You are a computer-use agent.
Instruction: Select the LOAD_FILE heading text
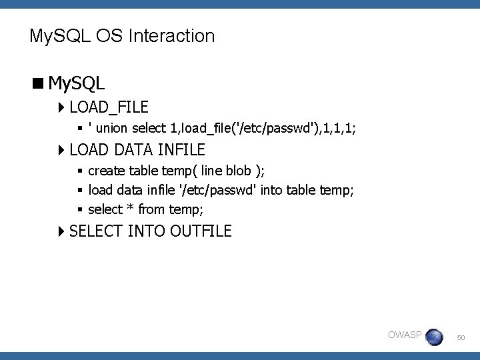[109, 107]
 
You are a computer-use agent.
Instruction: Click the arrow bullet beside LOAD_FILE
[61, 107]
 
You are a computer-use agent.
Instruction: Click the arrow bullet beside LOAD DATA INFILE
[61, 149]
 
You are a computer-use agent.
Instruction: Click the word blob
[241, 171]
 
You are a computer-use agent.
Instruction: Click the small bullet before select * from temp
[80, 209]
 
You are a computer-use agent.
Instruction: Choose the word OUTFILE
[201, 231]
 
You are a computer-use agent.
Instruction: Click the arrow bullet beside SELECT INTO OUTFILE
[61, 231]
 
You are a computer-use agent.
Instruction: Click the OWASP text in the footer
[405, 335]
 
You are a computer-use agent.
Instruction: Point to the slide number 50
[461, 339]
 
